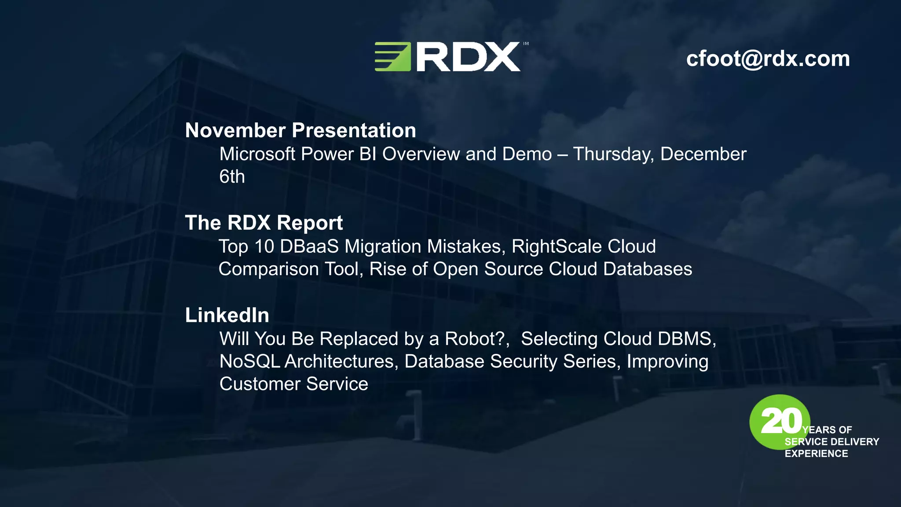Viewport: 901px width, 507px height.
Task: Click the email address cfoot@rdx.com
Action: pos(768,59)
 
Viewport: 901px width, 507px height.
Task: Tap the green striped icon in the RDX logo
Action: pos(392,57)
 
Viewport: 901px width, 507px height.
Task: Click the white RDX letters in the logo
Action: pos(468,57)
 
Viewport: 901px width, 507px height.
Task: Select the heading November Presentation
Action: pos(300,130)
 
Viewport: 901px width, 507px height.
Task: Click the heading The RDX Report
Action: pos(264,223)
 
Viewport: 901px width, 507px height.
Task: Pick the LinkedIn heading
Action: pos(227,315)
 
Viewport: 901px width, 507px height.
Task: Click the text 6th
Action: pos(232,177)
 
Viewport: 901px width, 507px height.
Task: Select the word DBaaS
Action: pos(309,246)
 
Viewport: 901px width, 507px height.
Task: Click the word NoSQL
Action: pos(249,362)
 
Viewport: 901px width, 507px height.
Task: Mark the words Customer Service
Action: pos(293,384)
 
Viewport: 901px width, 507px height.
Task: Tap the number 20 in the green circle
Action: pos(780,421)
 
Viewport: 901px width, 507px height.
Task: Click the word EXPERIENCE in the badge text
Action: pos(816,454)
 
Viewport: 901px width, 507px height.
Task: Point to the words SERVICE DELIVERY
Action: pos(831,442)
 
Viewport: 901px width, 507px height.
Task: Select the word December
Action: pos(703,154)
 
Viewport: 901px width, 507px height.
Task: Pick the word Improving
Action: pos(667,362)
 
